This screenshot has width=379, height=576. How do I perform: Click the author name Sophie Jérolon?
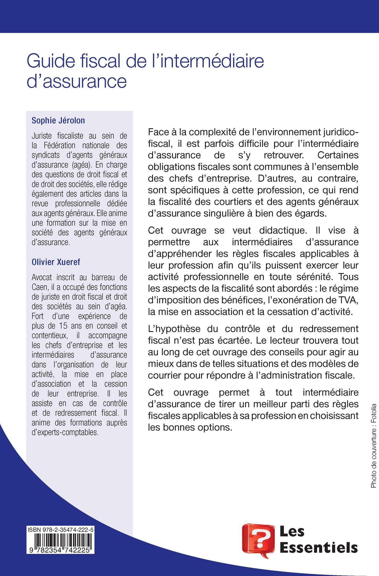point(58,120)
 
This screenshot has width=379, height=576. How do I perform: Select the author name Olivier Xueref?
point(56,262)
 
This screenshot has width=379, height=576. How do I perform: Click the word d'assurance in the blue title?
point(77,81)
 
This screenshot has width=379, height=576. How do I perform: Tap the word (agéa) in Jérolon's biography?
point(77,165)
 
